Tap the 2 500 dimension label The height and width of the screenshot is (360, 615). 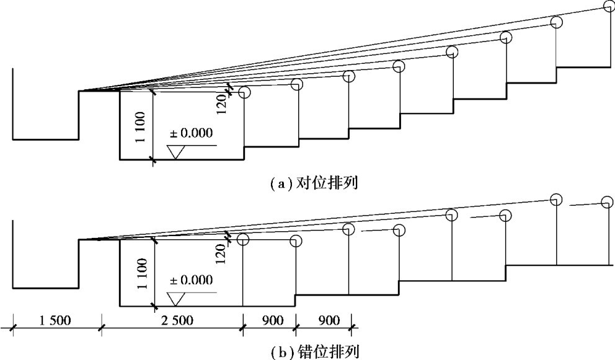tap(171, 321)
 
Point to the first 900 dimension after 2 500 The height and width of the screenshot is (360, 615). tap(268, 321)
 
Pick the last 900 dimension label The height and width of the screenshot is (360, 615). tap(323, 321)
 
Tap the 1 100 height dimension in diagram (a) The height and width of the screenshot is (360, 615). tap(143, 126)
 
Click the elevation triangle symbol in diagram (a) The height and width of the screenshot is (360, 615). tap(177, 152)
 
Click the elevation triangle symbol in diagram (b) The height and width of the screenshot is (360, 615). tap(177, 298)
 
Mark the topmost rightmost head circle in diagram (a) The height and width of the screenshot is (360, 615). tap(609, 6)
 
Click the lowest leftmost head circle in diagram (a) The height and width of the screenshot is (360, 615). tap(244, 92)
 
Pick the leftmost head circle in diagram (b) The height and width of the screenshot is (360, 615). tap(243, 239)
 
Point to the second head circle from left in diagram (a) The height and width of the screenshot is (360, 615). tap(296, 84)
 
